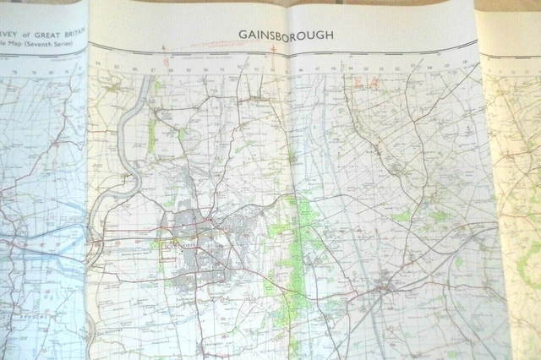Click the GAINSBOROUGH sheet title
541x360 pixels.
pyautogui.click(x=286, y=35)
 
